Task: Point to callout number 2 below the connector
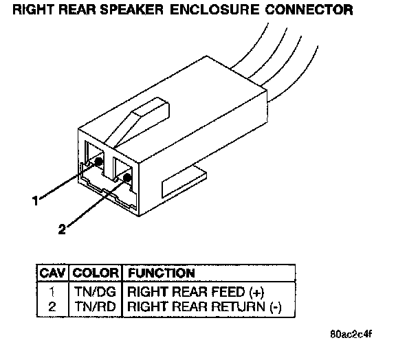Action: pyautogui.click(x=62, y=231)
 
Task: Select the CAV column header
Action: pyautogui.click(x=52, y=273)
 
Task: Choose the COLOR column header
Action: pyautogui.click(x=96, y=273)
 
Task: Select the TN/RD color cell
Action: pyautogui.click(x=96, y=306)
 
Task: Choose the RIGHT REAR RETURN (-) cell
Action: pyautogui.click(x=203, y=306)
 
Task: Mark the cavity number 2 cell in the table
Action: pyautogui.click(x=52, y=306)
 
